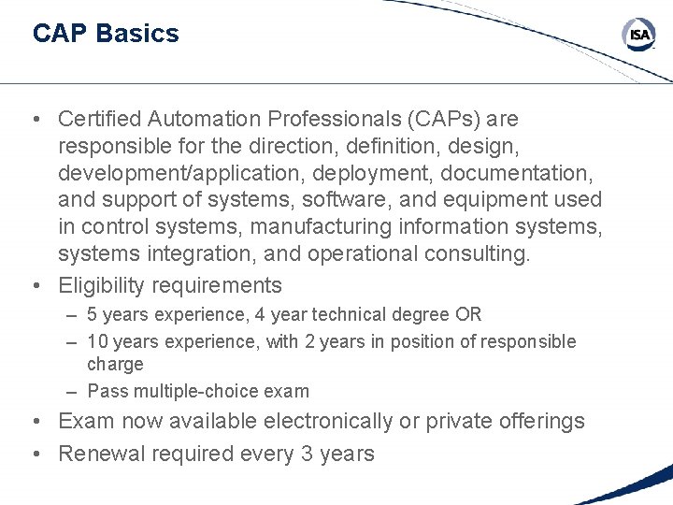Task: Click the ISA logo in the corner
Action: (x=639, y=36)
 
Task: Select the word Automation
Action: (x=206, y=120)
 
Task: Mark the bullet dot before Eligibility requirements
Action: (x=35, y=285)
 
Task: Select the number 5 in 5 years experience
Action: (x=93, y=315)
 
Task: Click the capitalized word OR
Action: (x=469, y=315)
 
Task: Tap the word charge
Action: (x=115, y=365)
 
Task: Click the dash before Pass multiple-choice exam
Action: (x=72, y=391)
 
